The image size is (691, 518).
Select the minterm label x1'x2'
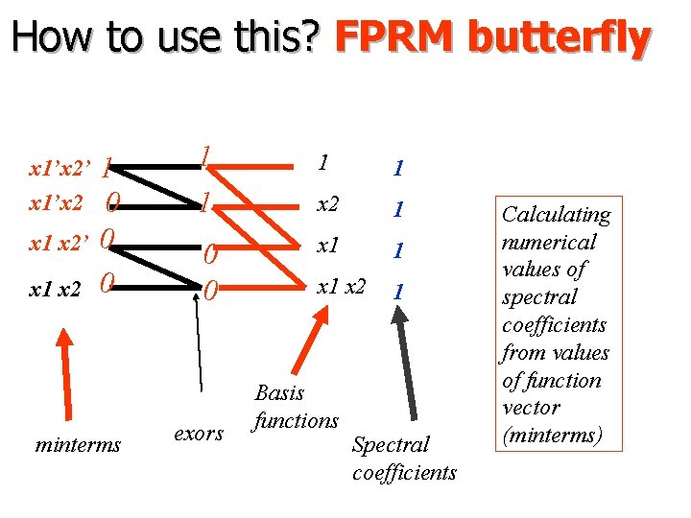(60, 170)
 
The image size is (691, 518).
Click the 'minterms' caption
(78, 445)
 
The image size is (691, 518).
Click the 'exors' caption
(199, 434)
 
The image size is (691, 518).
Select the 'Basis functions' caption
(296, 407)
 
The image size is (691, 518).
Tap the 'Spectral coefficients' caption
(404, 459)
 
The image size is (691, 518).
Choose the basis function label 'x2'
(329, 204)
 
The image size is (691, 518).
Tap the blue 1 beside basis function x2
(396, 208)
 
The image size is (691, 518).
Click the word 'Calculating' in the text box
(557, 214)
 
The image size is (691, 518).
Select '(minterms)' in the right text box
(552, 436)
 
